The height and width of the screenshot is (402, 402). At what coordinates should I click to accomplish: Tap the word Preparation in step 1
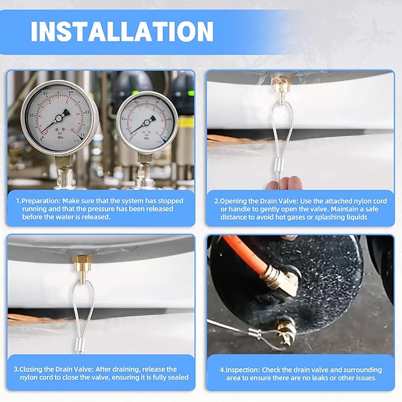pos(40,201)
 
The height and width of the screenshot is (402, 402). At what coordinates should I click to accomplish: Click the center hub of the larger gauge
pos(59,118)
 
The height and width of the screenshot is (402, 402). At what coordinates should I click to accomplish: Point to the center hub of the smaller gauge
pos(147,123)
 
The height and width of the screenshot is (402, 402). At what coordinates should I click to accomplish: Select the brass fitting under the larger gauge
pos(63,162)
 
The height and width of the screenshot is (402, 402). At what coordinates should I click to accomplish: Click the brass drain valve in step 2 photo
pos(281,89)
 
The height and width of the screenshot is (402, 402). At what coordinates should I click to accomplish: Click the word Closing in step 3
pos(31,369)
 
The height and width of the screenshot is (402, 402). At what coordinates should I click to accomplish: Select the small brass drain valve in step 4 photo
pos(287,332)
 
